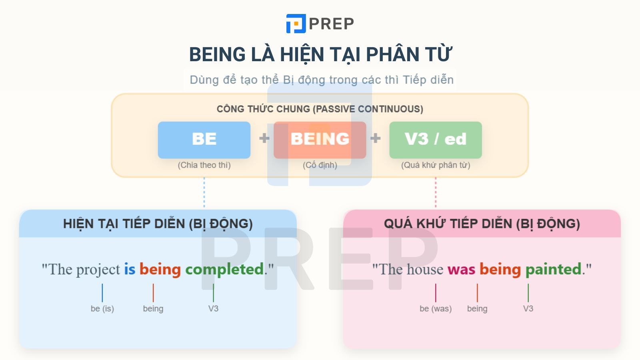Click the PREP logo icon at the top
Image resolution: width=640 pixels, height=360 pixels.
click(296, 24)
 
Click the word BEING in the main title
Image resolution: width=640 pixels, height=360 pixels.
click(217, 54)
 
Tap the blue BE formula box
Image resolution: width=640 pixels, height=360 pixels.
click(204, 140)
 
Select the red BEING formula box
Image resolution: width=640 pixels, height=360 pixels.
click(320, 140)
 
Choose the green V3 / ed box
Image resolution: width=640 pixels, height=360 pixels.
click(435, 140)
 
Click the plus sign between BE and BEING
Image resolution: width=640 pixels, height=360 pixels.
click(264, 138)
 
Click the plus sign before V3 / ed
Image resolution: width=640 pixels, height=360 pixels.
click(375, 138)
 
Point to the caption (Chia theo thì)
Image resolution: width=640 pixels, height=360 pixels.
click(204, 165)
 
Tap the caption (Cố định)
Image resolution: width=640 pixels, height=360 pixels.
click(320, 165)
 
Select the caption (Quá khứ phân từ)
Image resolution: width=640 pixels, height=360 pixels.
click(435, 165)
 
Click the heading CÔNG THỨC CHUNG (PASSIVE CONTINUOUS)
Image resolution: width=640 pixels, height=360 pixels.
click(320, 109)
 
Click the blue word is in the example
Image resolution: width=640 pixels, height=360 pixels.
click(130, 269)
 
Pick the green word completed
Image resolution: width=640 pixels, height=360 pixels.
click(224, 269)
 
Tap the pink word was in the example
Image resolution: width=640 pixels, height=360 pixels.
click(461, 269)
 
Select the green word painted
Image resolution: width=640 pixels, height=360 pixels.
click(553, 269)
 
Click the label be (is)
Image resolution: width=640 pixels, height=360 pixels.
click(102, 308)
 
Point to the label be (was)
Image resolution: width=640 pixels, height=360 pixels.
click(435, 308)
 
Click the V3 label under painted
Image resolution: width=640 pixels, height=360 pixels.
click(528, 308)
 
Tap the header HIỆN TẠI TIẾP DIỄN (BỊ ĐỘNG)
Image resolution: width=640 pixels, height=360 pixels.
click(158, 224)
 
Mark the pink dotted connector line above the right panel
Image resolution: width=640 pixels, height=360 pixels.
click(435, 193)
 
